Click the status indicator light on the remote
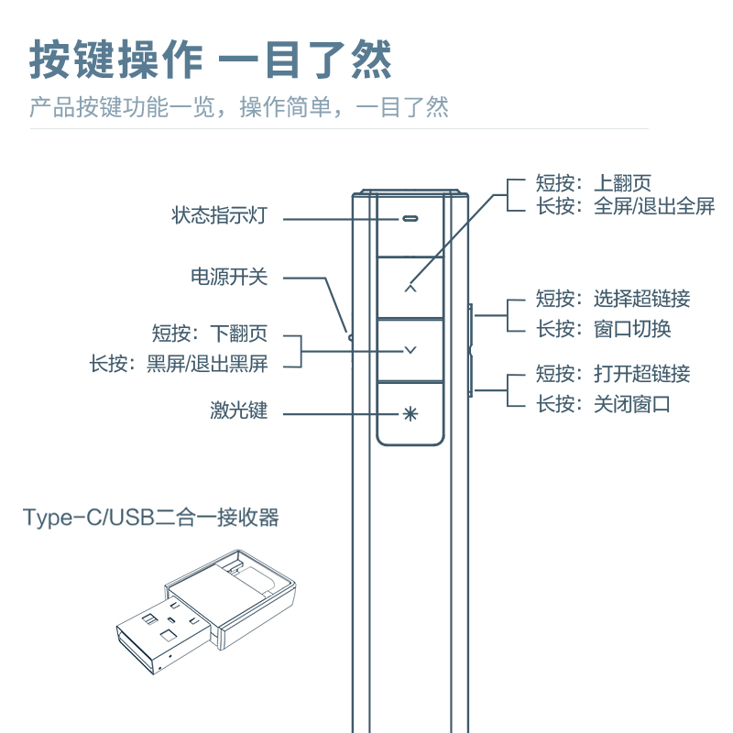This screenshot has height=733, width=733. coord(410,220)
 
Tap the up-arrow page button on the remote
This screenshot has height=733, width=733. coord(410,287)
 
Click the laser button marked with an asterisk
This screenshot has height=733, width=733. coord(410,412)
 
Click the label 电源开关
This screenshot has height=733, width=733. coord(229,276)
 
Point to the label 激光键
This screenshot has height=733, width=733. coord(238,410)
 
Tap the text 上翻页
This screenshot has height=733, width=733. coord(623,183)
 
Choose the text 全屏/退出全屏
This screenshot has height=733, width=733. coord(654,206)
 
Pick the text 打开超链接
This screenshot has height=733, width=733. coord(641,373)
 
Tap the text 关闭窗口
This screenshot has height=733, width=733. coord(632,403)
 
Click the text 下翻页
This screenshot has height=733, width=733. coord(238,333)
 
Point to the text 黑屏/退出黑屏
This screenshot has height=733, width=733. coord(207,363)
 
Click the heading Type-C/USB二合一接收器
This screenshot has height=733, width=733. coord(151,518)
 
